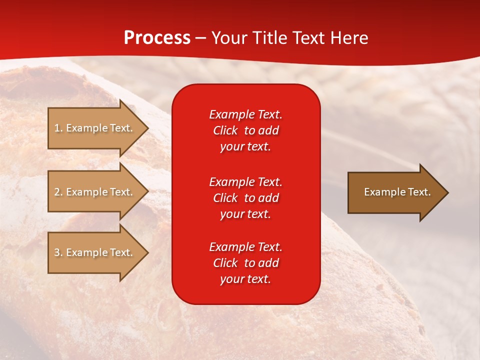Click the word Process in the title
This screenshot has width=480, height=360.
[x=157, y=38]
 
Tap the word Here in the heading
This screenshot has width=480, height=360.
[x=348, y=38]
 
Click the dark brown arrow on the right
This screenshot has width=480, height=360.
[x=395, y=192]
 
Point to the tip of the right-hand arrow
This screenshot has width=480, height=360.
[x=447, y=192]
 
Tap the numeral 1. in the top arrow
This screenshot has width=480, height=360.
[x=58, y=128]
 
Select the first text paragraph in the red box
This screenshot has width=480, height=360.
[x=245, y=130]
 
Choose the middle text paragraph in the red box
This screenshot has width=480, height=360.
[x=245, y=198]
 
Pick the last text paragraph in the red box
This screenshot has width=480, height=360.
[x=245, y=263]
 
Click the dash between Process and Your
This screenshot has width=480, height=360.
[x=201, y=38]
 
